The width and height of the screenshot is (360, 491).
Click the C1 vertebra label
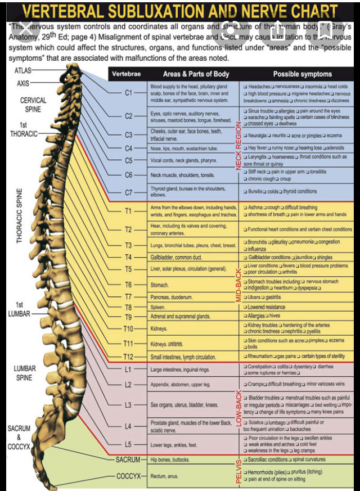[x=128, y=92]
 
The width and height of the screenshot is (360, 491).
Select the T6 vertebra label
[x=128, y=285]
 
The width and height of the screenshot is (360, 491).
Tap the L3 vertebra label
[x=128, y=404]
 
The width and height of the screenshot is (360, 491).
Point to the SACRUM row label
[x=128, y=460]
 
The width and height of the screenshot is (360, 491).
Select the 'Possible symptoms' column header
[x=302, y=74]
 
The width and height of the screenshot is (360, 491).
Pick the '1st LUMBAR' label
[x=19, y=309]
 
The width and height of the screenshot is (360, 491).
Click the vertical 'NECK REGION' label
[x=238, y=143]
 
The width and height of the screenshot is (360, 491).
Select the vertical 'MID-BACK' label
[x=238, y=284]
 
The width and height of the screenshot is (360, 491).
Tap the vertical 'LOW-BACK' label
[x=238, y=408]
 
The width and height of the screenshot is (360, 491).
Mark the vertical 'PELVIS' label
[x=238, y=471]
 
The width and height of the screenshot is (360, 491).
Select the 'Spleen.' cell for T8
[x=157, y=308]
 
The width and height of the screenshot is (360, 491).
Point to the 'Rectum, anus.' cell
[x=164, y=476]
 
